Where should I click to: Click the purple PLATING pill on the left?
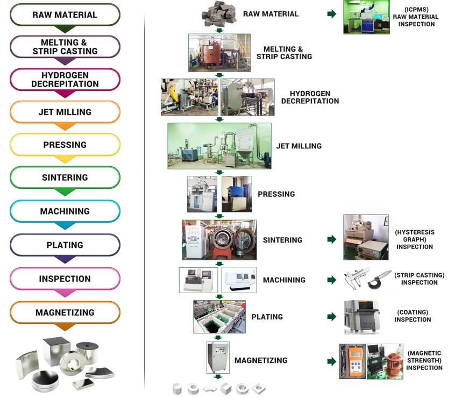[65, 245]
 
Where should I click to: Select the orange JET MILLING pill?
[65, 112]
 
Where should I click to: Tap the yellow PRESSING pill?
[65, 145]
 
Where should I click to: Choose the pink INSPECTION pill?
[65, 279]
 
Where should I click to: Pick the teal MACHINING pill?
[65, 211]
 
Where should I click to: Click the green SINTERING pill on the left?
[65, 178]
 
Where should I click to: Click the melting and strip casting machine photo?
[219, 53]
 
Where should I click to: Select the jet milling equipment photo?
[219, 146]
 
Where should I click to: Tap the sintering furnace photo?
[219, 239]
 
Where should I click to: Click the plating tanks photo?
[219, 317]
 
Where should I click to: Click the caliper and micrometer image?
[367, 280]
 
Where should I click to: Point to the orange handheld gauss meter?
[352, 361]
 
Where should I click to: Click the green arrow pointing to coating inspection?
[332, 317]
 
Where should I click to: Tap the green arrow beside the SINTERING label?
[332, 239]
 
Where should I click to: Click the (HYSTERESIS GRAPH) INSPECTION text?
[415, 239]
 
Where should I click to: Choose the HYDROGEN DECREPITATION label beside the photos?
[310, 97]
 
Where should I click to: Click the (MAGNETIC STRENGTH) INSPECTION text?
[424, 360]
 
